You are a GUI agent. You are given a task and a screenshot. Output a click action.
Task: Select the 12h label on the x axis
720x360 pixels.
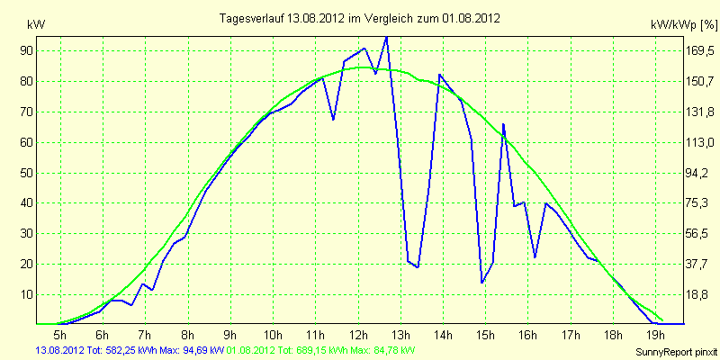pyautogui.click(x=358, y=334)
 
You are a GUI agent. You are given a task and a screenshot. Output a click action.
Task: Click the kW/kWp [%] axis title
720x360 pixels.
pyautogui.click(x=683, y=25)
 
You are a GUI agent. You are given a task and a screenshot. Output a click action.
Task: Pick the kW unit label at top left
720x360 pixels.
pyautogui.click(x=36, y=25)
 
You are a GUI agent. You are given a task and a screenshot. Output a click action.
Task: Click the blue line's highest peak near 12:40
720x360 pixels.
pyautogui.click(x=386, y=37)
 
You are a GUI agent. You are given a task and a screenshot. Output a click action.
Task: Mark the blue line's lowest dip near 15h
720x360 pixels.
pyautogui.click(x=481, y=283)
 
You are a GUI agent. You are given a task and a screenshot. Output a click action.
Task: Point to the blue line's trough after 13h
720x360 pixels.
pyautogui.click(x=418, y=267)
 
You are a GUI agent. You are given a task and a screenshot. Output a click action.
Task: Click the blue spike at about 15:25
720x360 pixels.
pyautogui.click(x=503, y=124)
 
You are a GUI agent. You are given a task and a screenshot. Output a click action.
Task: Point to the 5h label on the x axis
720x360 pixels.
pyautogui.click(x=60, y=334)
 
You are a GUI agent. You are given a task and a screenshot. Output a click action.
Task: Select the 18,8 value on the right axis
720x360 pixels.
pyautogui.click(x=699, y=294)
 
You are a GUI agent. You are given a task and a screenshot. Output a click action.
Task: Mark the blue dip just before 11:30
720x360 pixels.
pyautogui.click(x=333, y=120)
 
